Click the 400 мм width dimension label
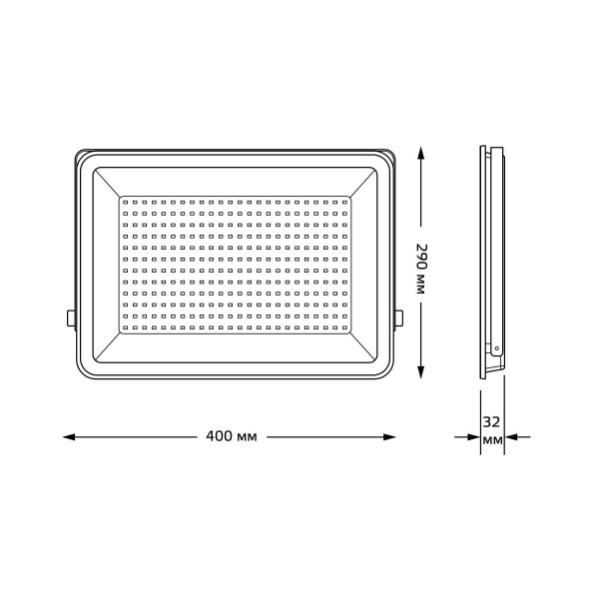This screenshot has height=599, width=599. click(x=232, y=437)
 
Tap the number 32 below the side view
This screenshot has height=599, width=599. click(x=491, y=422)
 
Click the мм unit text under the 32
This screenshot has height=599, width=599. click(x=491, y=440)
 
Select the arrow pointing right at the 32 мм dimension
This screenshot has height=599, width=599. click(x=470, y=437)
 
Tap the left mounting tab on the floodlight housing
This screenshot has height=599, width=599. click(x=71, y=317)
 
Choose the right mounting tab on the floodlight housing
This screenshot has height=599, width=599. click(x=399, y=317)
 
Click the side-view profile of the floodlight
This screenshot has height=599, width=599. click(x=490, y=260)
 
